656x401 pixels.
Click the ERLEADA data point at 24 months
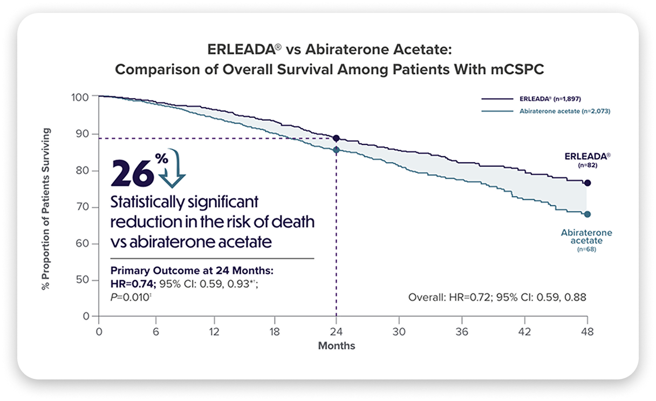[337, 139]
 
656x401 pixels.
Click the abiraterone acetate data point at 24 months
[337, 150]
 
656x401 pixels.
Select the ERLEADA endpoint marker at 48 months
[587, 183]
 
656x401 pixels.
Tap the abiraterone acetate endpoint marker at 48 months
[587, 215]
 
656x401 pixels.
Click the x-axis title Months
[337, 345]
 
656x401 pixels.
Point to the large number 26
[131, 172]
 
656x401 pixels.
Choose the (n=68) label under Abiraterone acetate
[586, 249]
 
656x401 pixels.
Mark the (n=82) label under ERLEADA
[587, 165]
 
